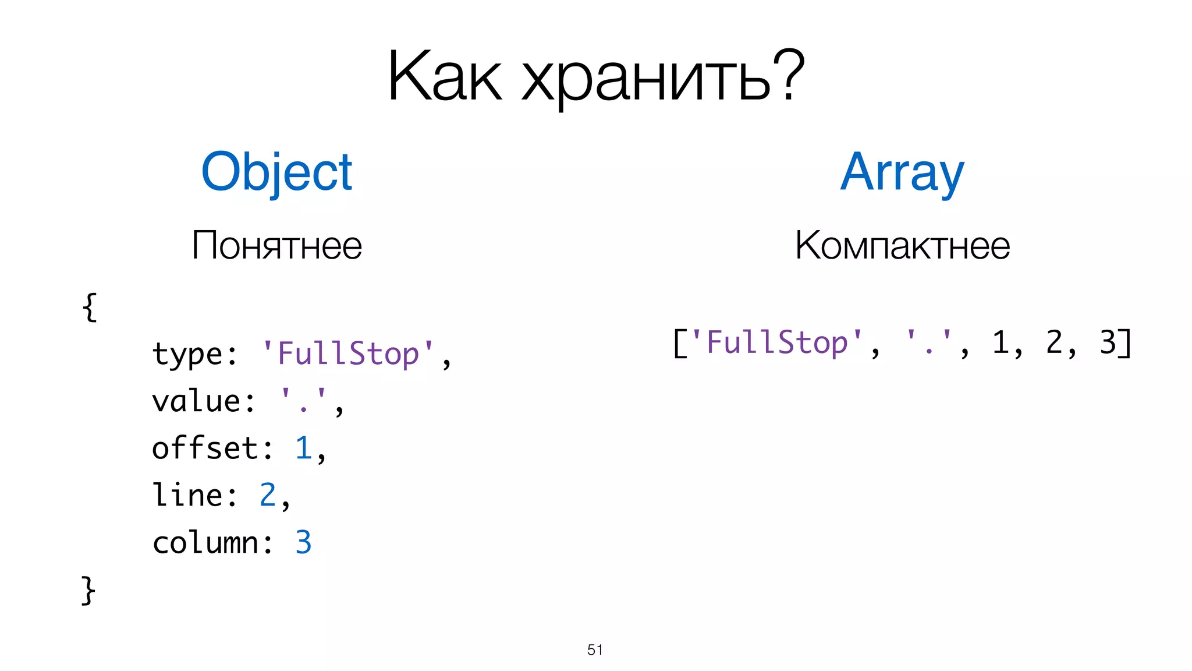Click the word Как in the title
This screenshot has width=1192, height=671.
coord(444,77)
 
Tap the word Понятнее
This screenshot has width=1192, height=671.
coord(276,246)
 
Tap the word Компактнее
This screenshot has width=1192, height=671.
coord(902,246)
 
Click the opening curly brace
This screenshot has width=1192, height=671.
coord(90,307)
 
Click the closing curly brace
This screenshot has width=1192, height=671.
coord(88,590)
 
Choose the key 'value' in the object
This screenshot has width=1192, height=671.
coord(197,401)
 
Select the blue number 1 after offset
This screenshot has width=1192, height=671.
coord(303,448)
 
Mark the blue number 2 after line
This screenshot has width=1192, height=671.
coord(268,495)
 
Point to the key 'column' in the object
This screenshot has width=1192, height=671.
coord(205,542)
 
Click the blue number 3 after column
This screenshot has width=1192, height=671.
coord(303,542)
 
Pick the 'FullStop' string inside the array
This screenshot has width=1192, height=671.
coord(776,342)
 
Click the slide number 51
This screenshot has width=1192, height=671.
coord(595,649)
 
